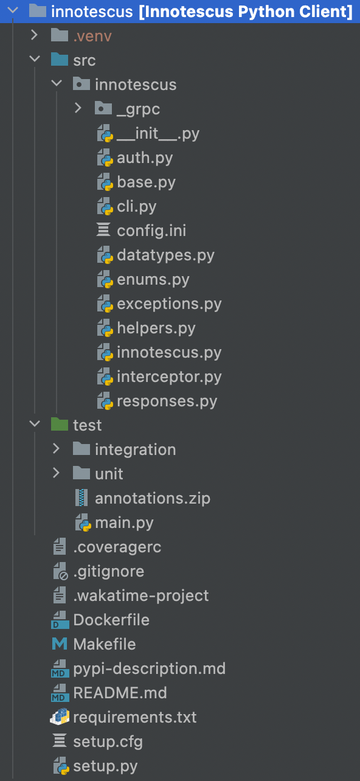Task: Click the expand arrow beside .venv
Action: (x=34, y=35)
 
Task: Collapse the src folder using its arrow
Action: (x=35, y=58)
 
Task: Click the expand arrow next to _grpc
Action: (x=78, y=108)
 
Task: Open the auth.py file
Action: (x=145, y=158)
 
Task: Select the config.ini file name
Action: (x=151, y=231)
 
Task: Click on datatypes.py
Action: (x=165, y=255)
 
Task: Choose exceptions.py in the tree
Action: (x=169, y=304)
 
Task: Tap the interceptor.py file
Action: (x=169, y=377)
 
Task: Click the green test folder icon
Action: (x=60, y=425)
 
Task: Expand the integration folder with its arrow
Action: (x=56, y=448)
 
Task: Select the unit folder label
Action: (x=109, y=474)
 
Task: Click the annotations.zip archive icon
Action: (x=81, y=498)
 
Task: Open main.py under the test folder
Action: (x=124, y=523)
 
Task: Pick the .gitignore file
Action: (x=109, y=572)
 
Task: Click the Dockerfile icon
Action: (x=60, y=620)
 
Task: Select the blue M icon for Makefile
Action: (x=60, y=644)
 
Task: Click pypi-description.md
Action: (x=149, y=669)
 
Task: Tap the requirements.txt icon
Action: (x=60, y=717)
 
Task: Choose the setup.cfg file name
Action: (x=108, y=742)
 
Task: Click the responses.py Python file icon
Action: (x=105, y=401)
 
